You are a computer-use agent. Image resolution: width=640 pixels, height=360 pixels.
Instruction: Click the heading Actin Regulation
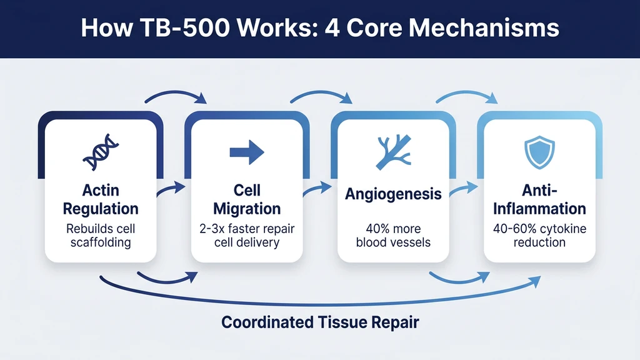101,199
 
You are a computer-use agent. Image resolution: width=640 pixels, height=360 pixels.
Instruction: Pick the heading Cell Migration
247,199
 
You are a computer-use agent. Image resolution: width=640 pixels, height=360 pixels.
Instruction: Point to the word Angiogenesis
393,194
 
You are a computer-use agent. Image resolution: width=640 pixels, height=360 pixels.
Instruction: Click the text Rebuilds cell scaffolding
101,236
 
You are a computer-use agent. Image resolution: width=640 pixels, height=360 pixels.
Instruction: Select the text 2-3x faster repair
247,229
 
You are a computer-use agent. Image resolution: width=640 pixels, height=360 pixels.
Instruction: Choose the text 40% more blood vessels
393,236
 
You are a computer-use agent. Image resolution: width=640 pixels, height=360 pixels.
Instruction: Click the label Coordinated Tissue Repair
320,322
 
